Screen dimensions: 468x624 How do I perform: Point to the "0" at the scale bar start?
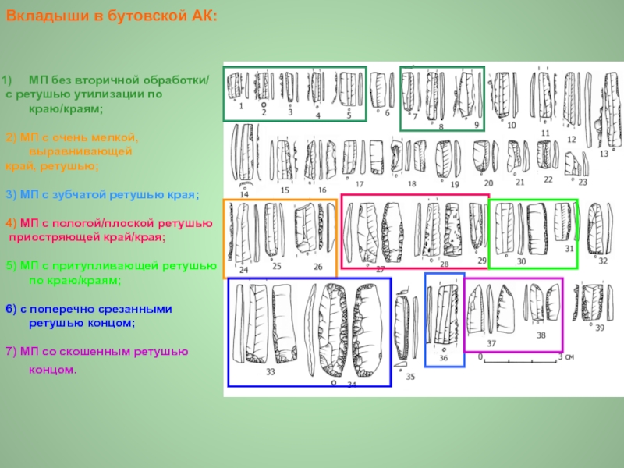click(481, 356)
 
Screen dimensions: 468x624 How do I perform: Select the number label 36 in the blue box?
click(443, 358)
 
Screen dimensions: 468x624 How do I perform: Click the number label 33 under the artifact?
click(270, 372)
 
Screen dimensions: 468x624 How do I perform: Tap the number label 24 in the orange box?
click(243, 270)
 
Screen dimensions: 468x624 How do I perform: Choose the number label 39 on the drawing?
click(599, 328)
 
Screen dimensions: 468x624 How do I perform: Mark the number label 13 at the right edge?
click(604, 154)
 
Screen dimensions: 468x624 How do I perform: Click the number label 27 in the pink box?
click(380, 269)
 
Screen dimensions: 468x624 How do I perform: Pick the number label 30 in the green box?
click(521, 261)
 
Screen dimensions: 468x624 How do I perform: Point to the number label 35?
click(410, 377)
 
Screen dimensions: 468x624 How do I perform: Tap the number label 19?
click(455, 184)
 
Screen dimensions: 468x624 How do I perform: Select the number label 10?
click(512, 125)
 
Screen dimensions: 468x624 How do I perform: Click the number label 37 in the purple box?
click(491, 343)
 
